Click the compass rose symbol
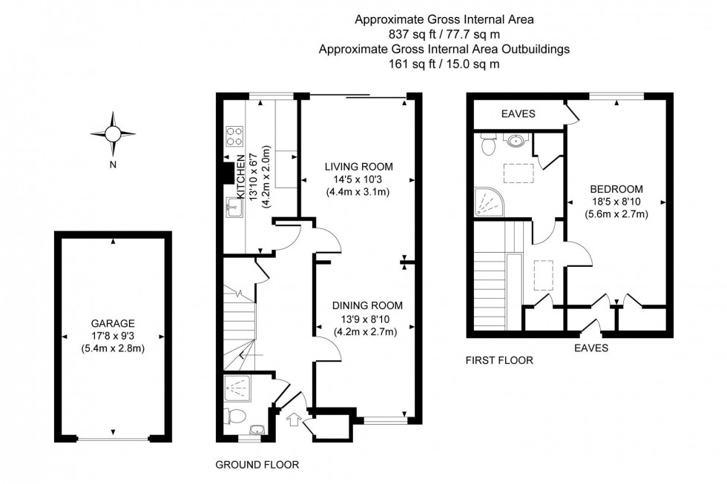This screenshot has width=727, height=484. tap(113, 133)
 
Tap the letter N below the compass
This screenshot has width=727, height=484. tap(113, 165)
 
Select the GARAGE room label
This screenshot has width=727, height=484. tap(113, 323)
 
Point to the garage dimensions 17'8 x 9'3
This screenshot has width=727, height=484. tap(113, 336)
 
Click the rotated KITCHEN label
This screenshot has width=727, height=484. tap(241, 176)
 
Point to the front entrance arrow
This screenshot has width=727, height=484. tap(292, 421)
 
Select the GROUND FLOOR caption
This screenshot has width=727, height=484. tap(257, 465)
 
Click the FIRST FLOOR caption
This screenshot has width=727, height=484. tap(499, 361)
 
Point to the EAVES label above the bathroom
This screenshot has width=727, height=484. tap(519, 114)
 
